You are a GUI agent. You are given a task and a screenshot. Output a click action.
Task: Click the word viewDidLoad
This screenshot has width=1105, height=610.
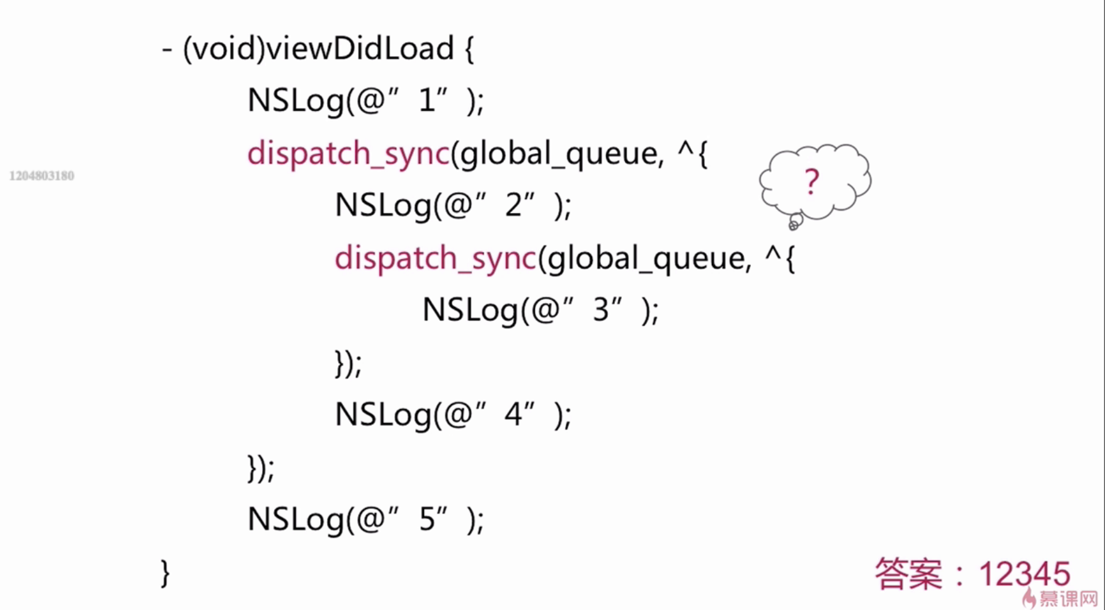pos(360,49)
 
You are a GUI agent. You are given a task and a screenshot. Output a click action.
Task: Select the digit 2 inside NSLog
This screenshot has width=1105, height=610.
pos(514,205)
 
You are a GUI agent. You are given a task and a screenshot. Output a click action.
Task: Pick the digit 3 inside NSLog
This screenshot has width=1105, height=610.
pos(601,309)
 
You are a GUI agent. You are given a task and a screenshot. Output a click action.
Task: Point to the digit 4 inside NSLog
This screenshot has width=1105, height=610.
pos(513,414)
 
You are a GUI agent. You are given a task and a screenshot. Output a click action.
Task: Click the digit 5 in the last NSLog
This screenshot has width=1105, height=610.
pos(427,519)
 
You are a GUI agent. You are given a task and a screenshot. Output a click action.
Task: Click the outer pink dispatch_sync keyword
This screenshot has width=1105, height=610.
pos(348,153)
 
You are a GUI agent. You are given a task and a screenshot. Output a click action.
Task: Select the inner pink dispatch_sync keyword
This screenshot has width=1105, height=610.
pos(435,258)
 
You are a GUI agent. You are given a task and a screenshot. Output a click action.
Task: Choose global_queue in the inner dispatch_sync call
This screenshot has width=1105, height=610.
pos(645,258)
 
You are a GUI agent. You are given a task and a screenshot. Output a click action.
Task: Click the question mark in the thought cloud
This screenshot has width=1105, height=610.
pos(811,182)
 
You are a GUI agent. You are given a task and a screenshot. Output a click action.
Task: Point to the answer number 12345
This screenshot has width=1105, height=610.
pos(1024,574)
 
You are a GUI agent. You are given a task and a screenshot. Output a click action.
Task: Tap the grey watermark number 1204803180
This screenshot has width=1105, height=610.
pos(42,176)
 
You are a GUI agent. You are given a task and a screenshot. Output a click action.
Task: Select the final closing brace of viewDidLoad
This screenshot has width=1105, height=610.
pos(165,573)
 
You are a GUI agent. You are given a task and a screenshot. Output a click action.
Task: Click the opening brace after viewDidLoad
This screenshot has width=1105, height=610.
pos(469,49)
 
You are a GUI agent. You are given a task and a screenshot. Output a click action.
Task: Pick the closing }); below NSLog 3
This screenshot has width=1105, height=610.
pos(348,363)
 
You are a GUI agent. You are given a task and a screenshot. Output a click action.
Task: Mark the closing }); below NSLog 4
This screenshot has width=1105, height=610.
pos(261,468)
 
